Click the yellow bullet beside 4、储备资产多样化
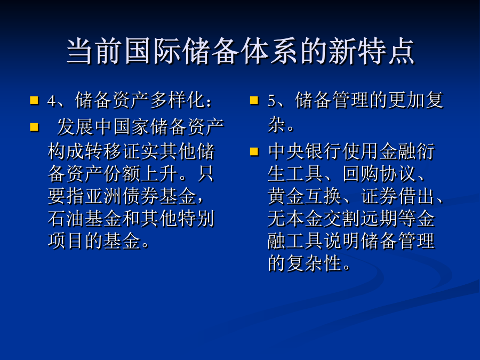click(x=34, y=100)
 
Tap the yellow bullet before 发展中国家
click(x=34, y=127)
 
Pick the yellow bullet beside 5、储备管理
click(x=254, y=100)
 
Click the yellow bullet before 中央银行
click(x=254, y=152)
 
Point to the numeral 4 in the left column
click(x=51, y=101)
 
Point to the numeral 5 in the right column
click(x=271, y=101)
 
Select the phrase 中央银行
click(x=305, y=151)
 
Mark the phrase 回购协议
click(x=380, y=174)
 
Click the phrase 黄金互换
click(x=305, y=196)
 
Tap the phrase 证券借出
click(x=398, y=196)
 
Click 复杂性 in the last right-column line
click(x=314, y=263)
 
